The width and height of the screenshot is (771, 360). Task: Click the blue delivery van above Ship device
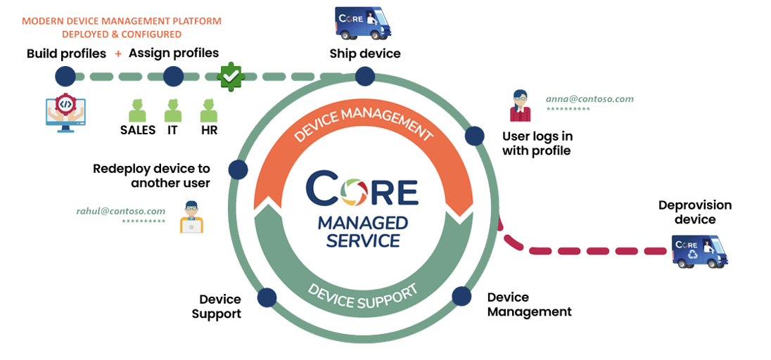[362, 22]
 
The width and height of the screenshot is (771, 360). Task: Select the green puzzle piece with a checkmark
[230, 76]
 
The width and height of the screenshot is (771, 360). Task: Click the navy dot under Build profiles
[65, 76]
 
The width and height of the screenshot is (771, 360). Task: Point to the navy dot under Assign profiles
[173, 76]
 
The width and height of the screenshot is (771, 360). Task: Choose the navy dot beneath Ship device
[364, 76]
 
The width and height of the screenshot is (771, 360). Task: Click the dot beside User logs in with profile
[475, 136]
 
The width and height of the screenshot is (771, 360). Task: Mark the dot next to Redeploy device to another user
[238, 169]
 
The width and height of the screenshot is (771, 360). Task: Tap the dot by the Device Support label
[266, 297]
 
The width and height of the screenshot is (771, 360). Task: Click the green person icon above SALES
[137, 110]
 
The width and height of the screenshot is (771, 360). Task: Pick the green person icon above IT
[173, 110]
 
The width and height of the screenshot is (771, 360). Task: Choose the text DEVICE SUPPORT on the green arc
[364, 295]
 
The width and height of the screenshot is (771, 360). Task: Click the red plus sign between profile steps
[118, 54]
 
